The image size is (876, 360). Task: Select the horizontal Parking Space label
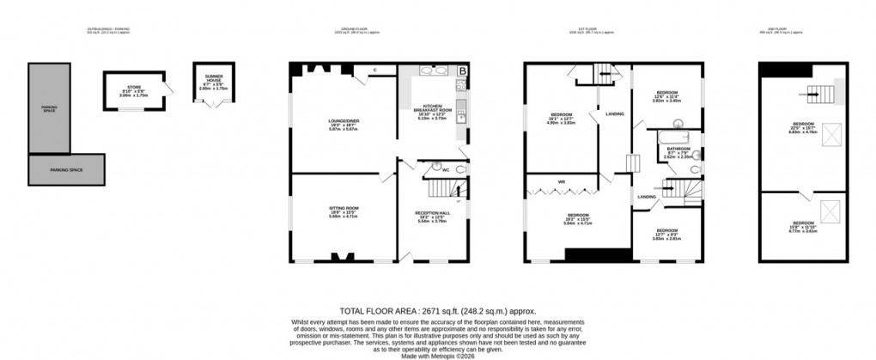pos(68,169)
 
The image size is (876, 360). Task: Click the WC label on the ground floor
pos(446,170)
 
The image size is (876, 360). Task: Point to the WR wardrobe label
pos(560,181)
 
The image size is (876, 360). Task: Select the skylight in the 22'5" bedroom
pos(831,134)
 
